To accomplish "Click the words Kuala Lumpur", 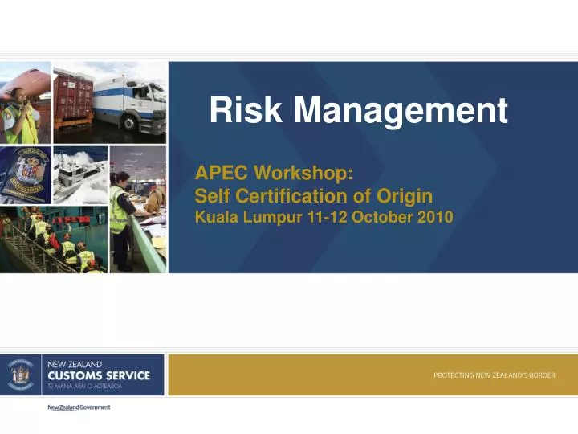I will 246,217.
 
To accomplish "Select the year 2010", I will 434,217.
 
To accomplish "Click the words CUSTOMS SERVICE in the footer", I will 99,375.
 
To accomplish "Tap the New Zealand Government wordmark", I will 79,407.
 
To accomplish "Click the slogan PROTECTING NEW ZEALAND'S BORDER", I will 495,375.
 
